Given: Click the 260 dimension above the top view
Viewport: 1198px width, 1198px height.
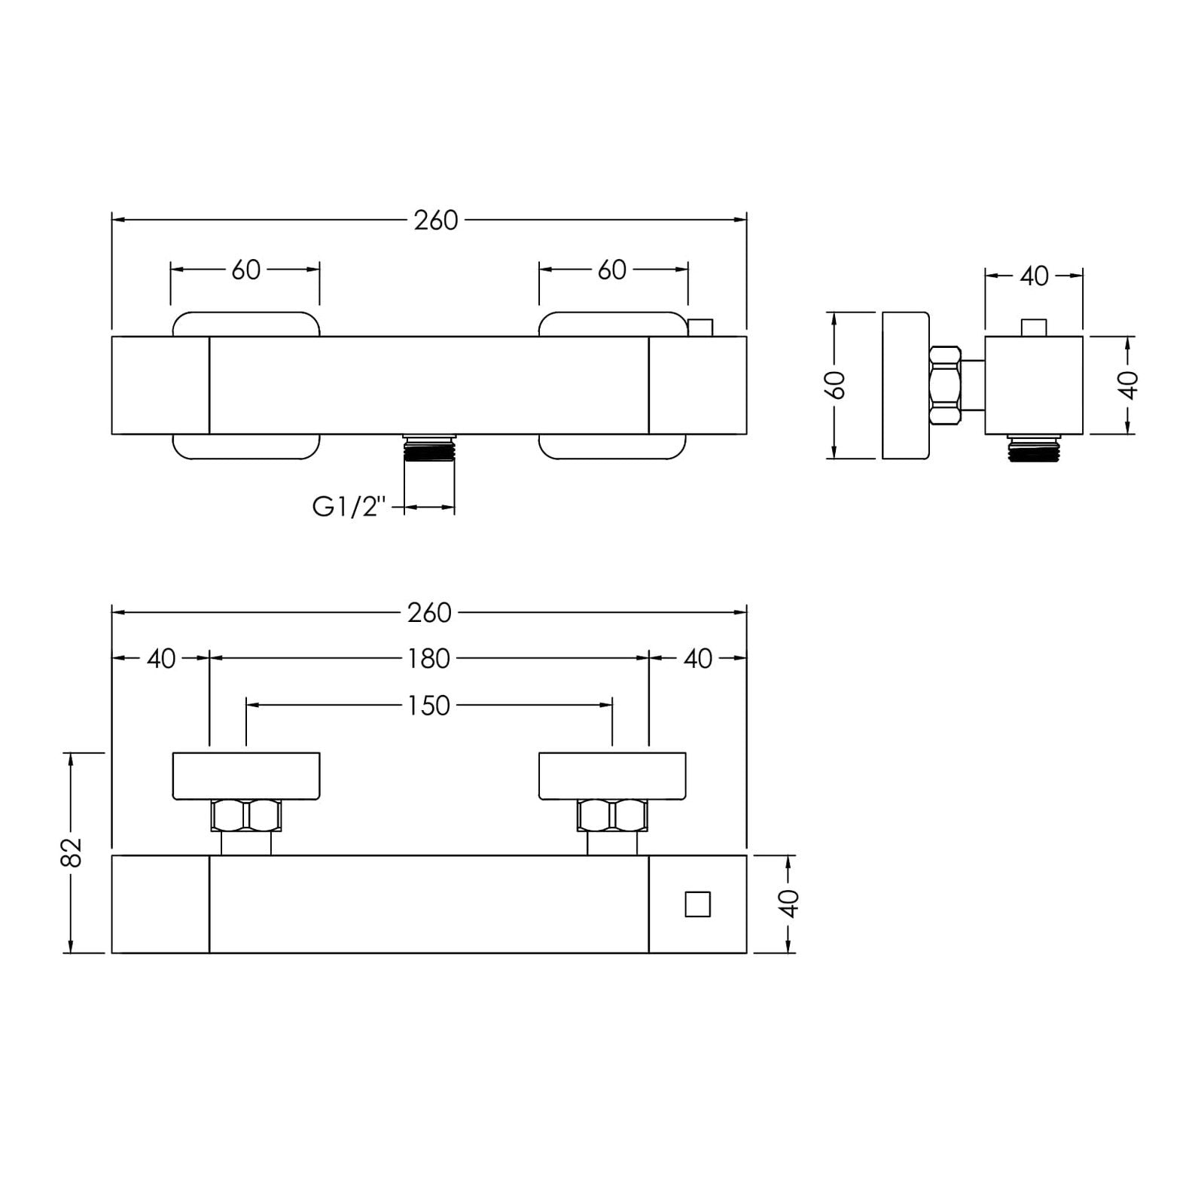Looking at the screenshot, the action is click(x=436, y=220).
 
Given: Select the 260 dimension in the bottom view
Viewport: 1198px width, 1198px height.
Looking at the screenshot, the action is click(x=429, y=613).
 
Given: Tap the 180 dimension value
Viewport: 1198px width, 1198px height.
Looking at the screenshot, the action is click(x=429, y=659).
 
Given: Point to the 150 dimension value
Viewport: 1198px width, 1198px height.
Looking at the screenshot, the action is click(x=429, y=706).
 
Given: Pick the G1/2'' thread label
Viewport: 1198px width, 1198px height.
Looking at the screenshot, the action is click(x=349, y=508).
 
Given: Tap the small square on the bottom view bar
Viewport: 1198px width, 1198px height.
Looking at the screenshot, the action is click(x=698, y=904).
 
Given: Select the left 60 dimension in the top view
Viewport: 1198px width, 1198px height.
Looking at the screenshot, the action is click(x=245, y=270).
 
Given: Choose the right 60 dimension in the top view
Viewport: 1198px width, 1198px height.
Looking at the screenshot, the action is click(x=612, y=270).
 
